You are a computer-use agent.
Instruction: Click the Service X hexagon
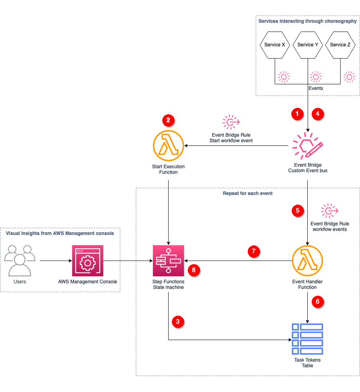pyautogui.click(x=274, y=45)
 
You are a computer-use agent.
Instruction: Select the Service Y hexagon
pyautogui.click(x=308, y=45)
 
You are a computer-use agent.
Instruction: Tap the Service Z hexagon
pyautogui.click(x=340, y=45)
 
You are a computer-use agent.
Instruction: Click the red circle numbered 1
pyautogui.click(x=296, y=114)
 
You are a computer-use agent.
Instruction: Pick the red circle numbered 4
pyautogui.click(x=318, y=114)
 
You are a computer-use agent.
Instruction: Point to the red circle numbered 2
pyautogui.click(x=168, y=120)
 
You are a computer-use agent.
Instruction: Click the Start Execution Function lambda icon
pyautogui.click(x=168, y=145)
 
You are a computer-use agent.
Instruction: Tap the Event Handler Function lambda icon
pyautogui.click(x=307, y=261)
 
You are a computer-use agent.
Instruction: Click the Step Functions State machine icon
pyautogui.click(x=168, y=261)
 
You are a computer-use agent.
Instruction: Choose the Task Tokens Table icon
pyautogui.click(x=307, y=339)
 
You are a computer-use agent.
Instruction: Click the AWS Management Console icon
pyautogui.click(x=88, y=261)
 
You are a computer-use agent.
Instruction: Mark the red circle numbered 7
pyautogui.click(x=254, y=251)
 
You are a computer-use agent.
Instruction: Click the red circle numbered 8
pyautogui.click(x=194, y=271)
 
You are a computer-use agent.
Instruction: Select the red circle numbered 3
pyautogui.click(x=178, y=321)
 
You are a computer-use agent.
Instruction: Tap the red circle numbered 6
pyautogui.click(x=318, y=302)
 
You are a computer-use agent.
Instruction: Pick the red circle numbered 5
pyautogui.click(x=297, y=210)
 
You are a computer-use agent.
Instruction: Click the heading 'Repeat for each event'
pyautogui.click(x=247, y=193)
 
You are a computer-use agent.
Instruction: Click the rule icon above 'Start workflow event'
pyautogui.click(x=231, y=121)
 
